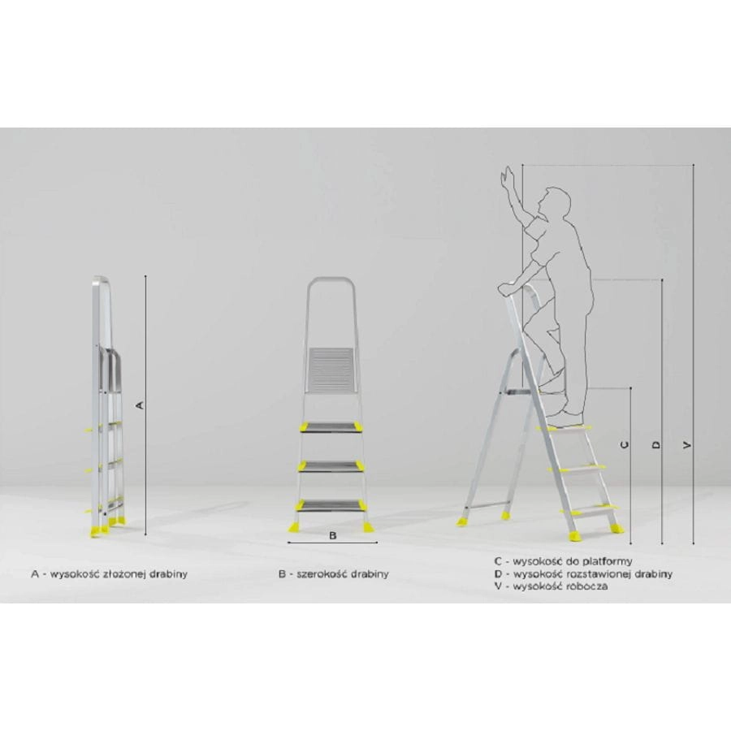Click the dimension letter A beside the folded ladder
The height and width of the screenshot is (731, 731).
click(x=139, y=405)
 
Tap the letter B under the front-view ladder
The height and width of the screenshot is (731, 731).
click(x=332, y=536)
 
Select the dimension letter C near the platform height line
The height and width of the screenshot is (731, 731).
click(x=625, y=445)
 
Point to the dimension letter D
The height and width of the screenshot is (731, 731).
click(x=656, y=445)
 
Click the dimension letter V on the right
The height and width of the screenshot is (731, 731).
click(x=688, y=445)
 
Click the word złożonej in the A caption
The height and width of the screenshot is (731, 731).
click(x=122, y=574)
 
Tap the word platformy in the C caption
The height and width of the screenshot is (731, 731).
click(x=604, y=562)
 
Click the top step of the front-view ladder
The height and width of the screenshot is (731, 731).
click(x=331, y=427)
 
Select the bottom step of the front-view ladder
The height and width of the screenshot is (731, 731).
click(x=330, y=506)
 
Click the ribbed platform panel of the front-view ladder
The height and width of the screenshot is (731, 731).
click(x=331, y=370)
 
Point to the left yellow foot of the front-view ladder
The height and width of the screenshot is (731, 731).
click(x=295, y=527)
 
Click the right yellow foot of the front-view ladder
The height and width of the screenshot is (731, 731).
click(x=368, y=527)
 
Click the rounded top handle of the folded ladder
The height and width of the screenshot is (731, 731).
click(x=102, y=282)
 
